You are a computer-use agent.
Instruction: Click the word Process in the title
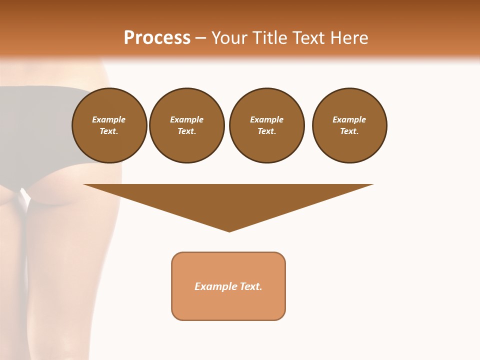coord(157,38)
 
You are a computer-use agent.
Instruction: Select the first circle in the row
coord(109,125)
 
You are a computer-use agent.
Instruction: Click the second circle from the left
coord(187,125)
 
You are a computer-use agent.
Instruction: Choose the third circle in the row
coord(267,125)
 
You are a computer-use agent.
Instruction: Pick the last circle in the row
coord(349,125)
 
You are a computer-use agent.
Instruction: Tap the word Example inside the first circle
coord(109,120)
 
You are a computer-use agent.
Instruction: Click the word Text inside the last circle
coord(349,131)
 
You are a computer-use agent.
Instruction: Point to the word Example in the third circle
coord(266,120)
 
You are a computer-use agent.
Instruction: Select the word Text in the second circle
coord(186,131)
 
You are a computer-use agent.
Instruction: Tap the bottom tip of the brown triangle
coord(229,230)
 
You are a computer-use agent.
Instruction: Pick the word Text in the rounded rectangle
coord(251,286)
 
